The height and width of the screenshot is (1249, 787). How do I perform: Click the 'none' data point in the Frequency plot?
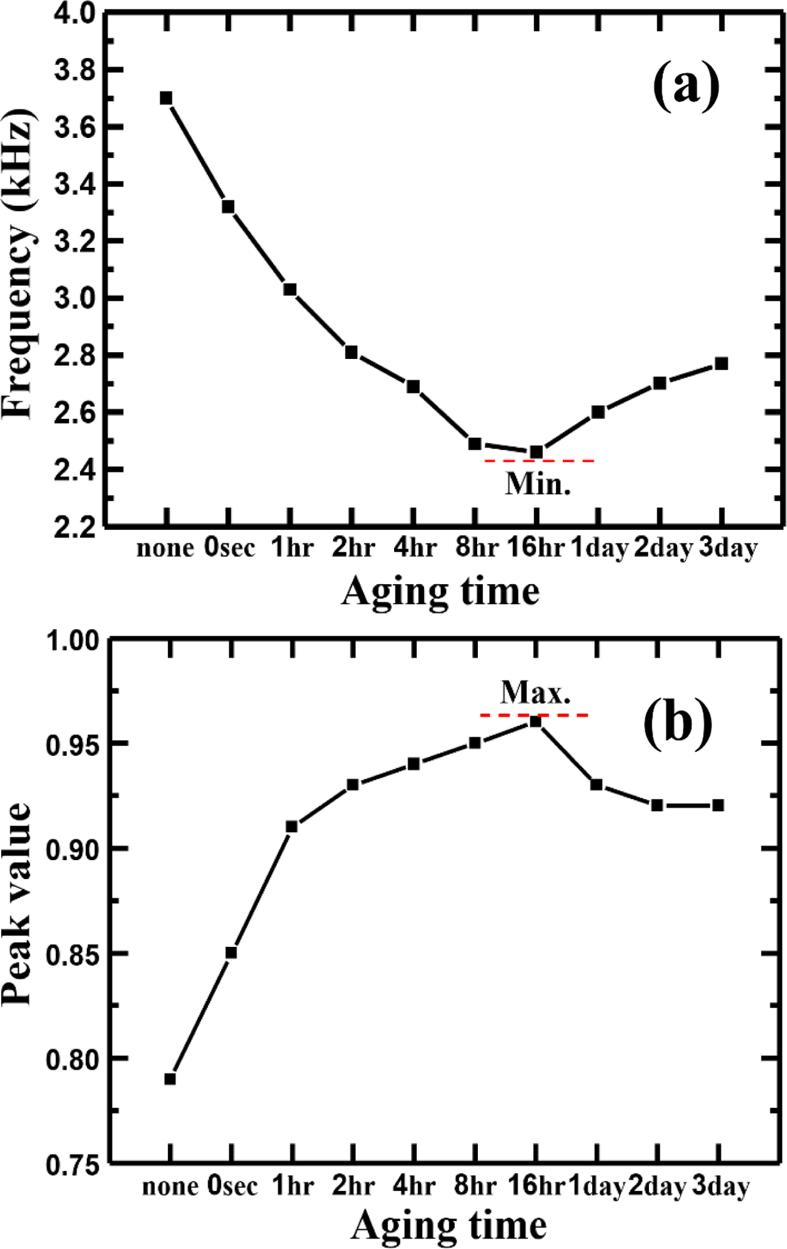coord(166,98)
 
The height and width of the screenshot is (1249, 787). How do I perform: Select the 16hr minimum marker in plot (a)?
coord(536,452)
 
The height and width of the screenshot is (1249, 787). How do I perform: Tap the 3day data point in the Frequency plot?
coord(721,363)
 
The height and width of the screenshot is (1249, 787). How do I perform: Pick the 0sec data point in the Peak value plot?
coord(231,953)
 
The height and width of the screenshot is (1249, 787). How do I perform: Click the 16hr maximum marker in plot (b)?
coord(535,722)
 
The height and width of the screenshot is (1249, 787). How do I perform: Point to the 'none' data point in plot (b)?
coord(170,1079)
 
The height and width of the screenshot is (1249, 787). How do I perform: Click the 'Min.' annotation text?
coord(538,484)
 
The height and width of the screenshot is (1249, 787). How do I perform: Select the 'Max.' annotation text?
coord(535,692)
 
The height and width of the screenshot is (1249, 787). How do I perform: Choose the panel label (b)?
coord(677,722)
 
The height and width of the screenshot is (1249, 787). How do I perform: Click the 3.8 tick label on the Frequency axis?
coord(75,70)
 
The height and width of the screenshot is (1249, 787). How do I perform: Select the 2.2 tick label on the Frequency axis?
coord(75,527)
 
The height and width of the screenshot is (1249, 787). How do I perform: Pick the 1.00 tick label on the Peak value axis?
coord(72,640)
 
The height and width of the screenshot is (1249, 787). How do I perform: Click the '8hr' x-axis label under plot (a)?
coord(477,547)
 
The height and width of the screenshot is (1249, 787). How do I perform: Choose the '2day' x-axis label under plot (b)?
coord(657,1185)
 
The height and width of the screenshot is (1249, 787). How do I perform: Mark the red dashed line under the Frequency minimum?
coord(539,461)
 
